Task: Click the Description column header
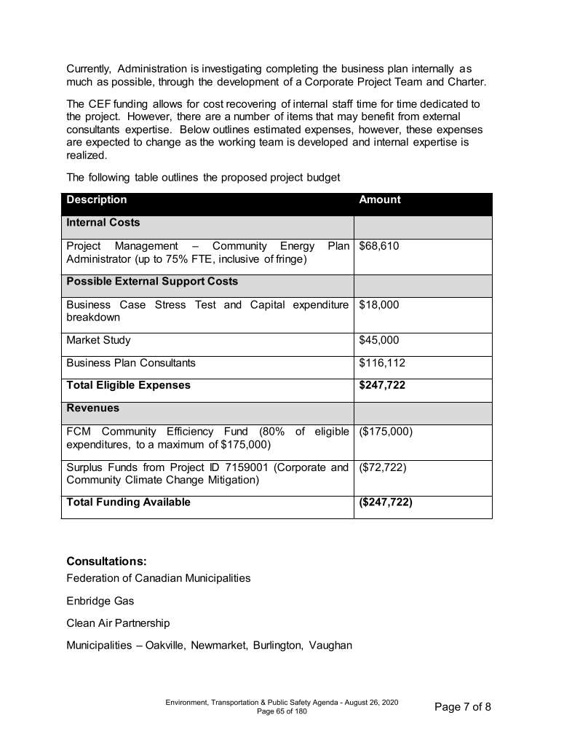tap(97, 200)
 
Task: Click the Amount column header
tap(380, 200)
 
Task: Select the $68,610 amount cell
tap(379, 247)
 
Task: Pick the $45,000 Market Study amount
tap(379, 341)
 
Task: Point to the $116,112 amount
tap(382, 363)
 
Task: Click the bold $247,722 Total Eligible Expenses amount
tap(382, 386)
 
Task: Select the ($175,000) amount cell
tap(386, 432)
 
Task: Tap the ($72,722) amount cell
tap(383, 468)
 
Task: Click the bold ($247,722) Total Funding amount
tap(386, 502)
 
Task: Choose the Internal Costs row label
tap(103, 223)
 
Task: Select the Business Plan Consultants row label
tap(131, 363)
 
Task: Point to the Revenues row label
tap(93, 409)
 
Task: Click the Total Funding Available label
tap(128, 502)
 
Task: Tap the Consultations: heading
tap(106, 561)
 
